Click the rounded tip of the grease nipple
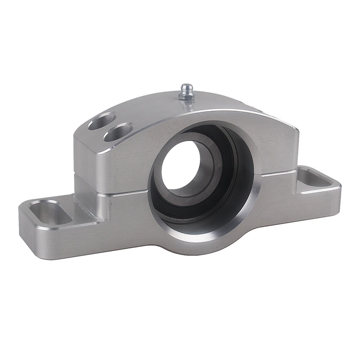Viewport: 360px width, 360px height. [x=186, y=85]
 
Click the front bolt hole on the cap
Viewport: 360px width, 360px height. [x=118, y=133]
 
